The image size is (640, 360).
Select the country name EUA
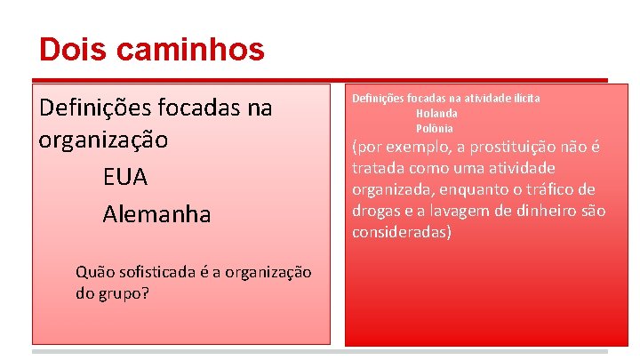(125, 178)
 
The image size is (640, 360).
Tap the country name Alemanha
(156, 214)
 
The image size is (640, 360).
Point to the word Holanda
(436, 113)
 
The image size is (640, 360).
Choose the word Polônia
(435, 128)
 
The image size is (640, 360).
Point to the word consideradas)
(402, 232)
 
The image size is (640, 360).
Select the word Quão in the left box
(95, 272)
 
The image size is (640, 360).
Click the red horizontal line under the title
(320, 78)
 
